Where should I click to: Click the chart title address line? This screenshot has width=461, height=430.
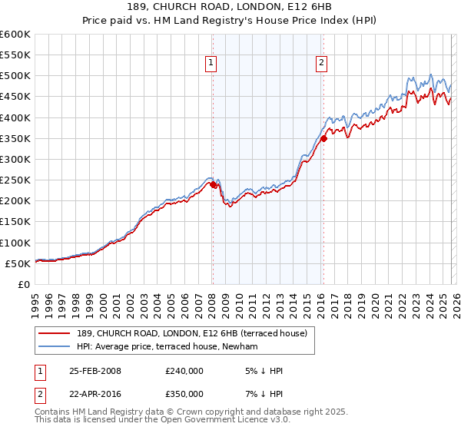pos(230,6)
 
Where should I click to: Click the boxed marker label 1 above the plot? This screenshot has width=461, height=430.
pos(211,64)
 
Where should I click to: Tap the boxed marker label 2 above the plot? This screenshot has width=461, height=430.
pos(320,64)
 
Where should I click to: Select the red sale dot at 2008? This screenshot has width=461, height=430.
pos(213,184)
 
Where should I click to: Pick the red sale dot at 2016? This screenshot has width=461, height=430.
pos(323,139)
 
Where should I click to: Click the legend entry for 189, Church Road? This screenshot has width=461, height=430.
pos(192,333)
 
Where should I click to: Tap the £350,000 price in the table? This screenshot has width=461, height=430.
pos(184,392)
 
